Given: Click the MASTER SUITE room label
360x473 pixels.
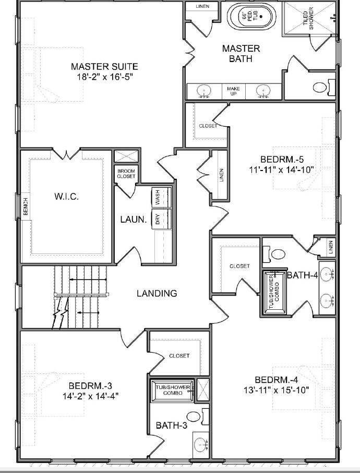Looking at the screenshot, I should (x=104, y=67).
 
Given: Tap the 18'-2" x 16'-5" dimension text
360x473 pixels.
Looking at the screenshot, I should (x=104, y=77).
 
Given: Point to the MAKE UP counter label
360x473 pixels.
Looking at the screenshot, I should (x=233, y=91).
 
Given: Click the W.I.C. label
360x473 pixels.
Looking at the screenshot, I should (x=66, y=197).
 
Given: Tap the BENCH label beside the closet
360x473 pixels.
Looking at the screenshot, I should (x=25, y=207).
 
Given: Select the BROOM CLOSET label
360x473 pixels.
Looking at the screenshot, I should (x=126, y=174).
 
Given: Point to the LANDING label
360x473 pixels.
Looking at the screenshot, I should (x=157, y=294).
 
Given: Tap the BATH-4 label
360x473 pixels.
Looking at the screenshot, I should (x=302, y=275).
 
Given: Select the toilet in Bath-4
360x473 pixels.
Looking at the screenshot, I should (x=278, y=254).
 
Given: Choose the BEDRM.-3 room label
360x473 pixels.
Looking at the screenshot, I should (x=90, y=385).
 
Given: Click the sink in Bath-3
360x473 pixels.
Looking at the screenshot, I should (x=200, y=445).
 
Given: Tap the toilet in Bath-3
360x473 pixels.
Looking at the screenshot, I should (x=194, y=416).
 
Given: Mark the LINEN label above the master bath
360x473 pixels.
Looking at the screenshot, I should (x=202, y=7).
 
